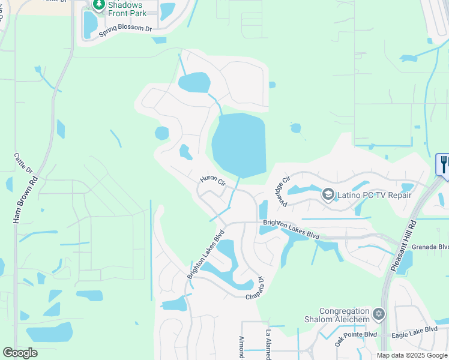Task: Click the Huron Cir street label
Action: tap(212, 180)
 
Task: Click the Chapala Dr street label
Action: tap(255, 289)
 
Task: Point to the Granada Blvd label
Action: tap(435, 247)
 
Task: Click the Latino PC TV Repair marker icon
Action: tap(328, 194)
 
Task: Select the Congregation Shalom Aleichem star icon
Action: tap(378, 313)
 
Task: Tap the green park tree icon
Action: tap(98, 5)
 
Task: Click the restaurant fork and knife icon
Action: tap(444, 163)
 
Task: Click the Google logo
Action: tap(20, 353)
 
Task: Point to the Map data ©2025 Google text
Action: tap(411, 355)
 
